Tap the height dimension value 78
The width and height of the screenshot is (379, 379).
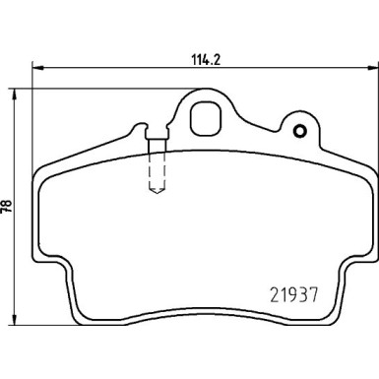(8, 208)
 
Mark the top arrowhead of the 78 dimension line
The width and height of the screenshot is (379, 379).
(16, 90)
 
